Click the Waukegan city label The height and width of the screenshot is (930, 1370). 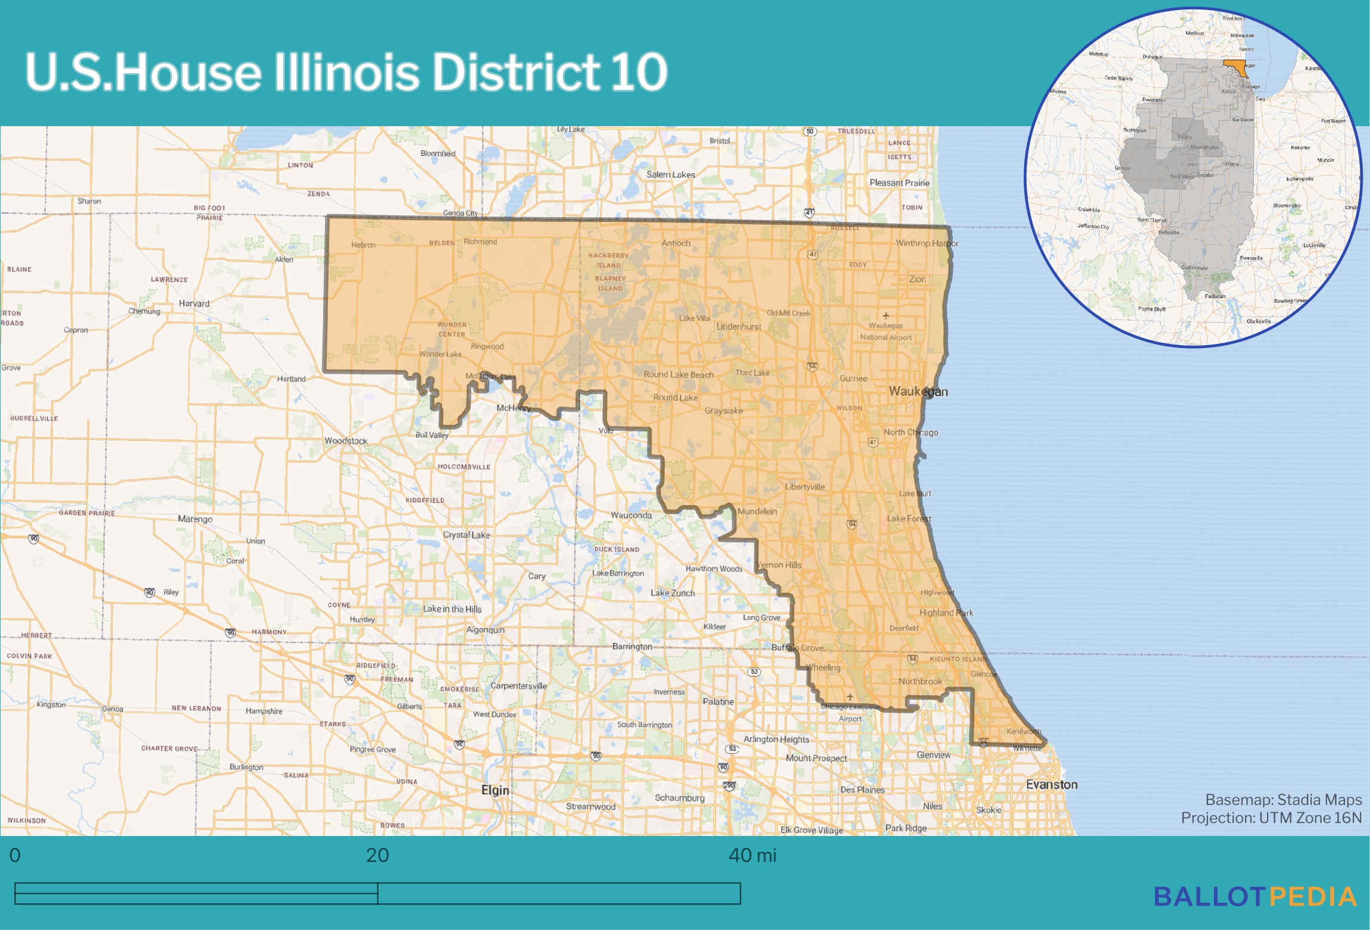click(x=918, y=392)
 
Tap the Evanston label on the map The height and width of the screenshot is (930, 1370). click(x=1052, y=784)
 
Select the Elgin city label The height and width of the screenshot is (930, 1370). click(x=495, y=790)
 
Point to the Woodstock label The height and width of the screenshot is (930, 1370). click(x=346, y=441)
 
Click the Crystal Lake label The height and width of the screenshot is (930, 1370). click(x=467, y=535)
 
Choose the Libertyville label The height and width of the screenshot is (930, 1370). click(x=805, y=487)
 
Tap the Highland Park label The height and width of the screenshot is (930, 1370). click(x=946, y=613)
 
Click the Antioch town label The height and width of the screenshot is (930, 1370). click(x=676, y=243)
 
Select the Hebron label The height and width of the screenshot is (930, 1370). click(x=363, y=245)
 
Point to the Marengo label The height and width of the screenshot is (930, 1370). click(x=195, y=519)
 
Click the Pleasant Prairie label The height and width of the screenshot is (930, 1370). click(x=899, y=183)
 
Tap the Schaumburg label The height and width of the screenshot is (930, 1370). click(x=680, y=798)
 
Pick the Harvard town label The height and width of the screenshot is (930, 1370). click(x=194, y=303)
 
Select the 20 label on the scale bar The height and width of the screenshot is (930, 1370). click(x=377, y=856)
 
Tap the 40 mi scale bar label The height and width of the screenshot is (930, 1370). click(x=752, y=856)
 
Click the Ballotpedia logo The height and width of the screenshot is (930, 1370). click(x=1256, y=897)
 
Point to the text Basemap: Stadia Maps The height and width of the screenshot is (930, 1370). click(x=1283, y=800)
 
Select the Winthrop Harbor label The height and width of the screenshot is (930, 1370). click(x=927, y=243)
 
